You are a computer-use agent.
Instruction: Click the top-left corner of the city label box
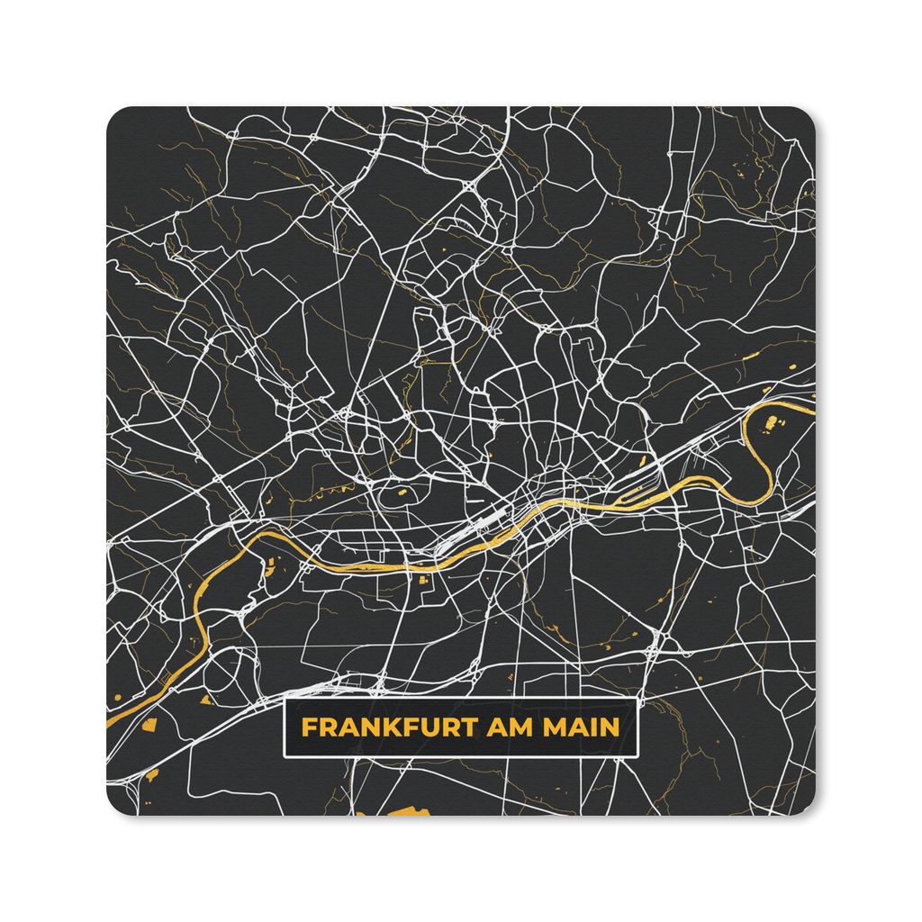point(284,701)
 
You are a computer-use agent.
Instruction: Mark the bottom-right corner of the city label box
point(637,755)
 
